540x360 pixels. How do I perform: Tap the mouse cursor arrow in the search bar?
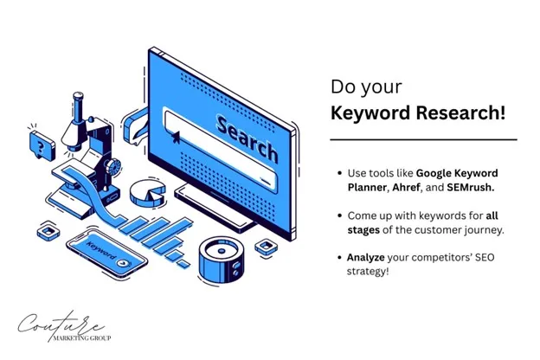click(177, 135)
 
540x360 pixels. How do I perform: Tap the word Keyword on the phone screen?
click(101, 248)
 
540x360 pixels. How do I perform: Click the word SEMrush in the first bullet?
click(470, 187)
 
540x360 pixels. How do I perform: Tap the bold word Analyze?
click(370, 257)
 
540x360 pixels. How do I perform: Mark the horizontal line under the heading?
click(423, 139)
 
